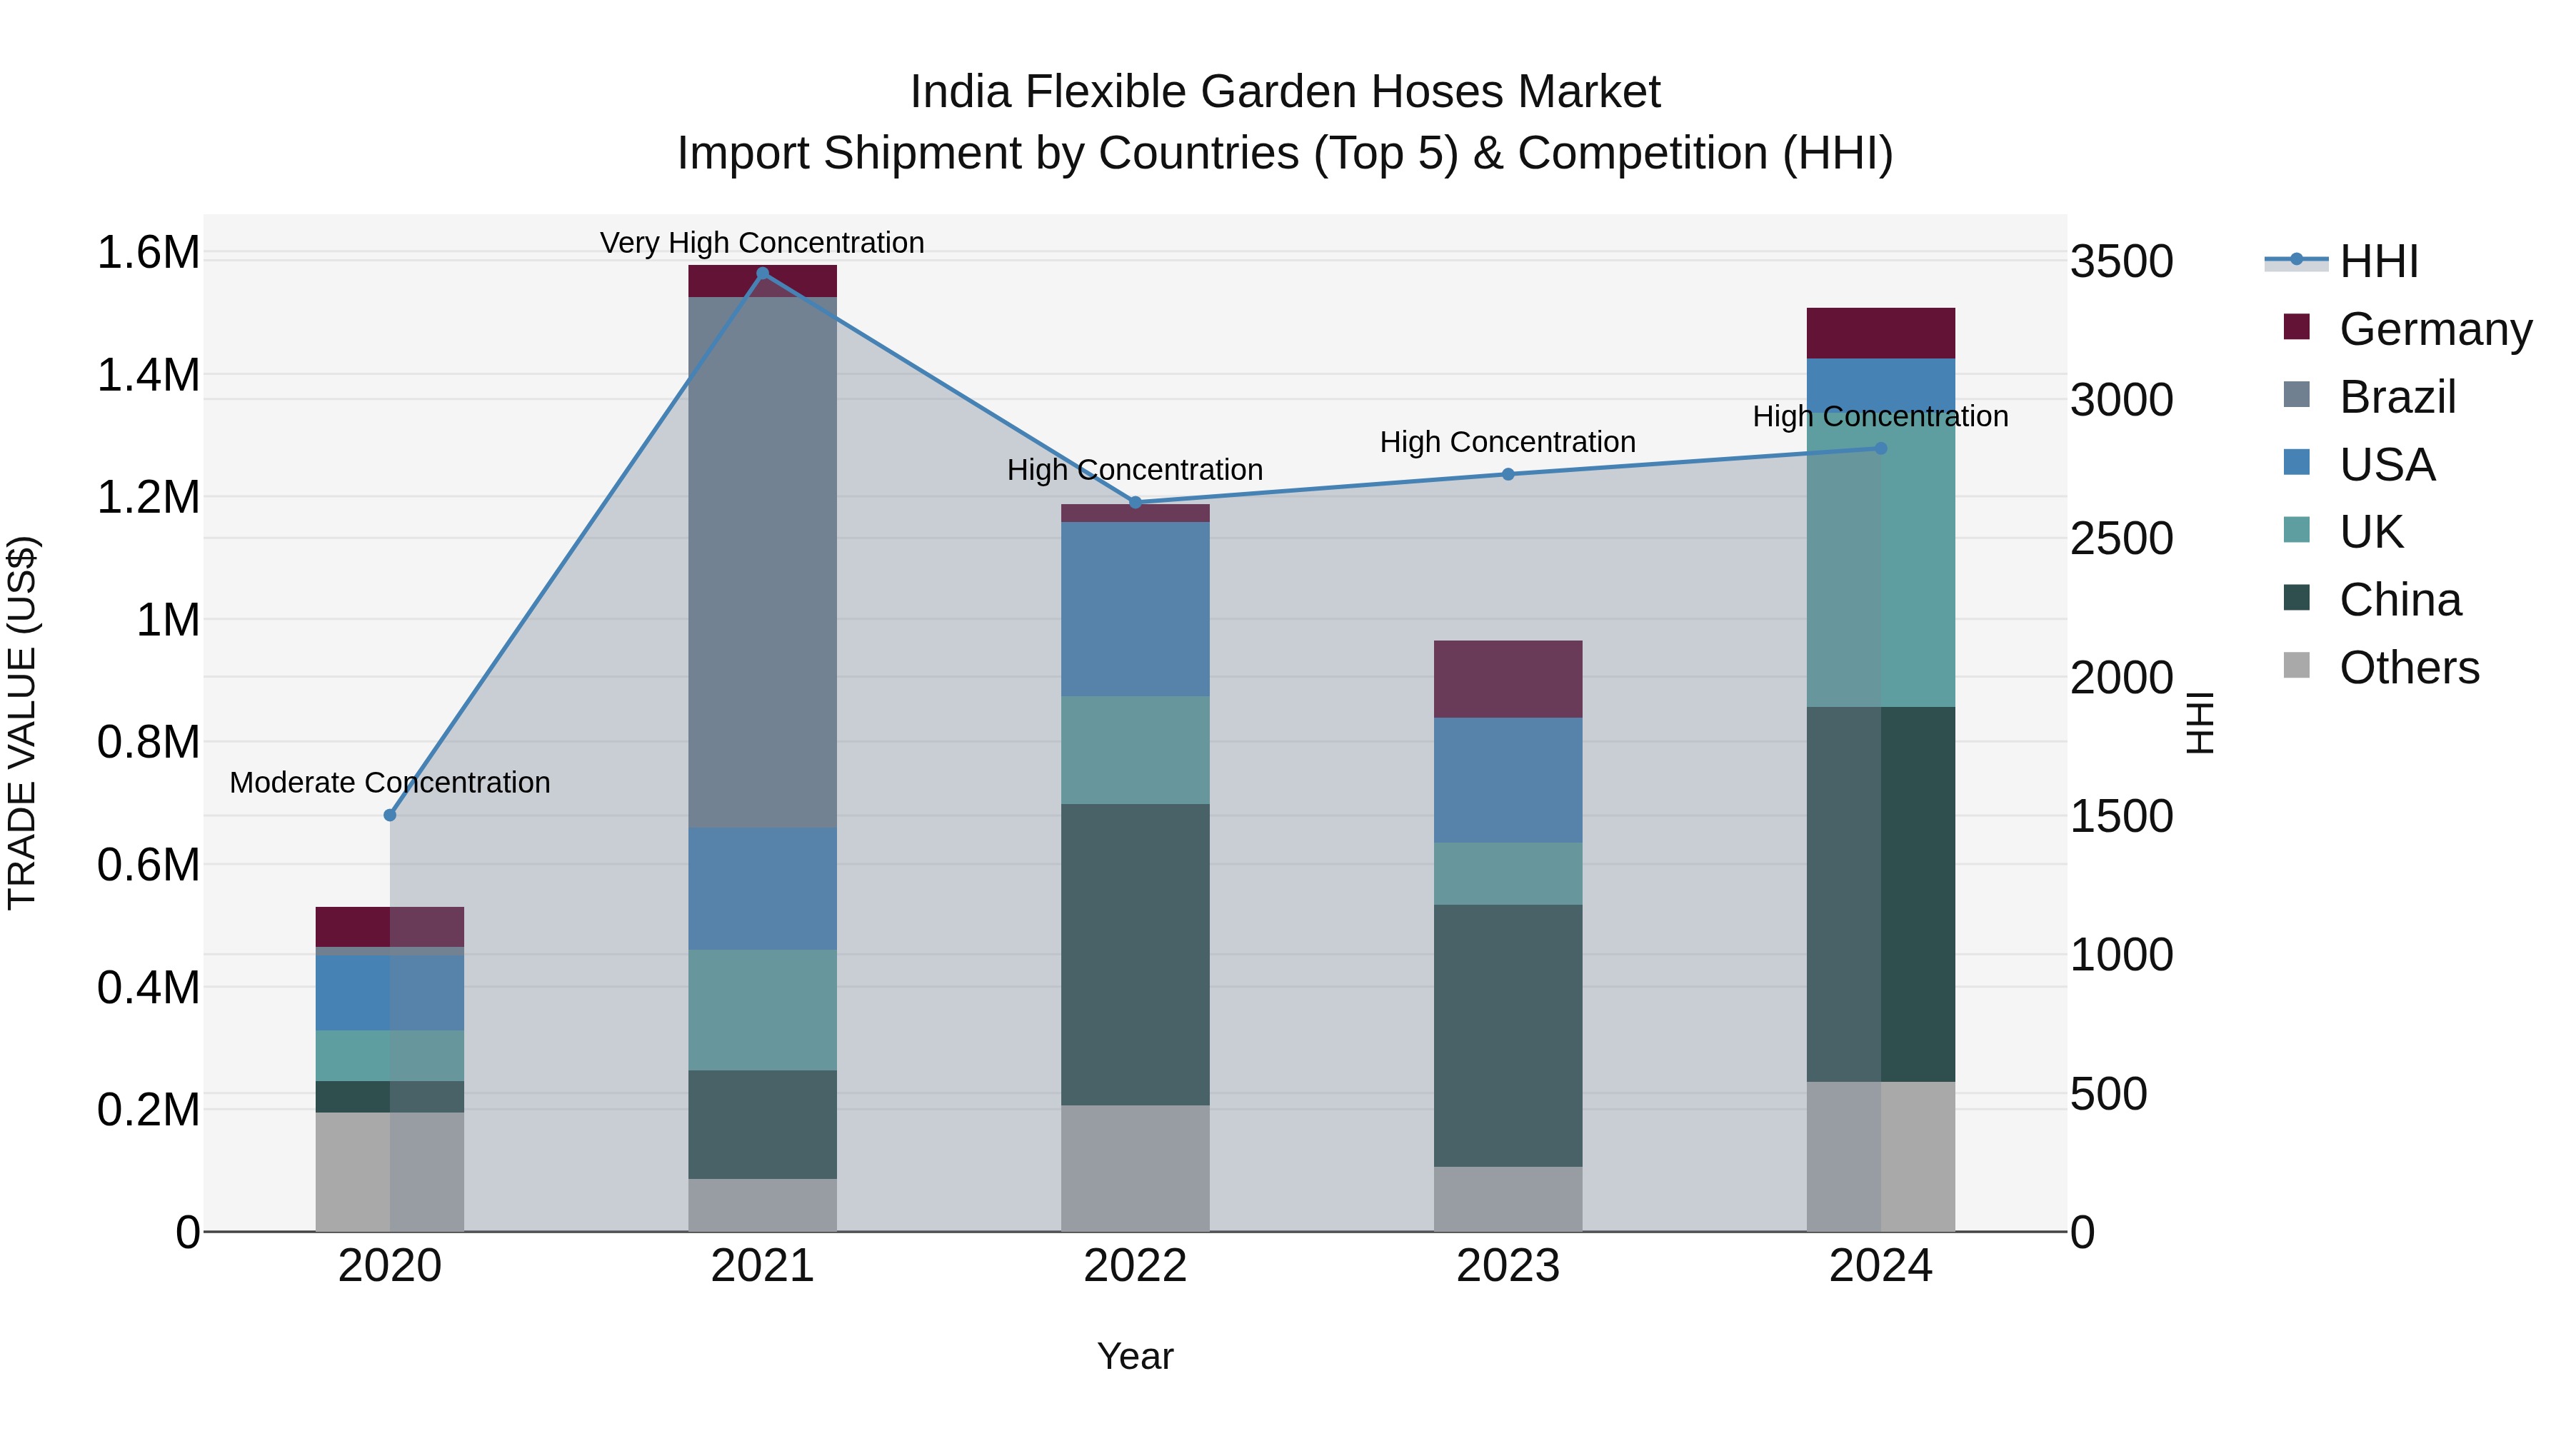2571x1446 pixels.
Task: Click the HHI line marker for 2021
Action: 763,273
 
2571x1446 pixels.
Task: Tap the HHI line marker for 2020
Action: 390,815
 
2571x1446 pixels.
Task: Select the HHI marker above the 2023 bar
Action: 1508,474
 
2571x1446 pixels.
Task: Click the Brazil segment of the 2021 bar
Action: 763,562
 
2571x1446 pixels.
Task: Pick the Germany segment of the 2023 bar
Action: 1508,678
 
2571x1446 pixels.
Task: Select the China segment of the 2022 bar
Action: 1135,954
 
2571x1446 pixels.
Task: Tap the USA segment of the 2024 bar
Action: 1880,384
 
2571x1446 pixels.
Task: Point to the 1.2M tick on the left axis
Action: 148,497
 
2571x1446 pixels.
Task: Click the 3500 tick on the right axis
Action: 2121,261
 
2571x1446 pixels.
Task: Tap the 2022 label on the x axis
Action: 1135,1266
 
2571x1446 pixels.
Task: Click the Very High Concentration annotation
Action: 763,243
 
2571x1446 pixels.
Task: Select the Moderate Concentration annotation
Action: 390,783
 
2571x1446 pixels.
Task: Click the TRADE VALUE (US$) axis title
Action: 22,723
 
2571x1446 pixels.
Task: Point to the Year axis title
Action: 1135,1356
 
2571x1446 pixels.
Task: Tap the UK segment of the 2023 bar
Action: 1508,873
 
